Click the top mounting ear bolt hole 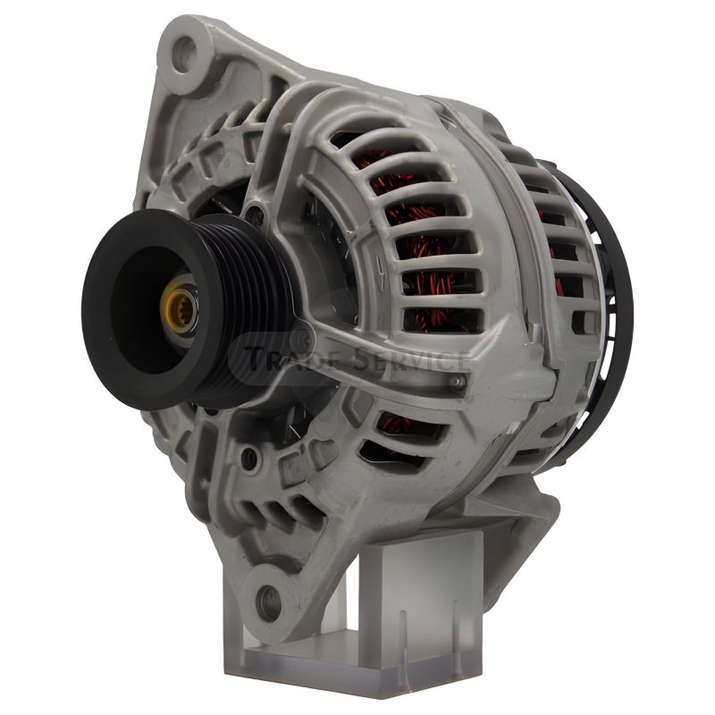pyautogui.click(x=185, y=55)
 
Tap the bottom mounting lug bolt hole pyautogui.click(x=268, y=601)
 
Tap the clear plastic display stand pyautogui.click(x=355, y=611)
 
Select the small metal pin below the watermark pyautogui.click(x=457, y=382)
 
